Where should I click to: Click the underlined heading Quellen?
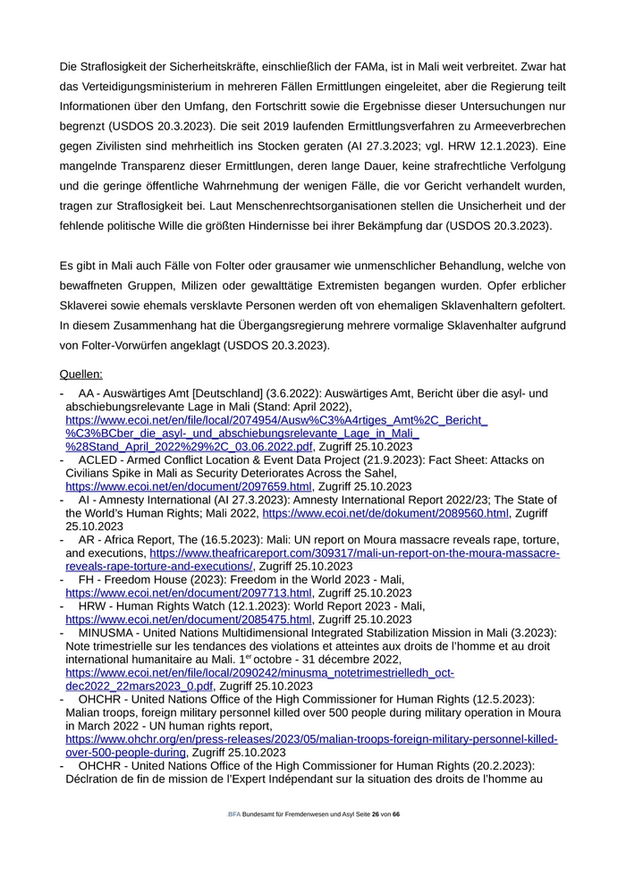pos(80,375)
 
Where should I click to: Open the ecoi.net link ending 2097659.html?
pos(188,486)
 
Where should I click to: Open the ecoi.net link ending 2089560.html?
pos(385,513)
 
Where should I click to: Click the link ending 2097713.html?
pos(188,593)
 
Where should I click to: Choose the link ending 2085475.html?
pos(188,619)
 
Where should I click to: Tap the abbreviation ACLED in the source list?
pos(99,460)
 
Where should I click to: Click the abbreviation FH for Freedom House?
pos(87,580)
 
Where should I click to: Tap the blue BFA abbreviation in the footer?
pos(234,815)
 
